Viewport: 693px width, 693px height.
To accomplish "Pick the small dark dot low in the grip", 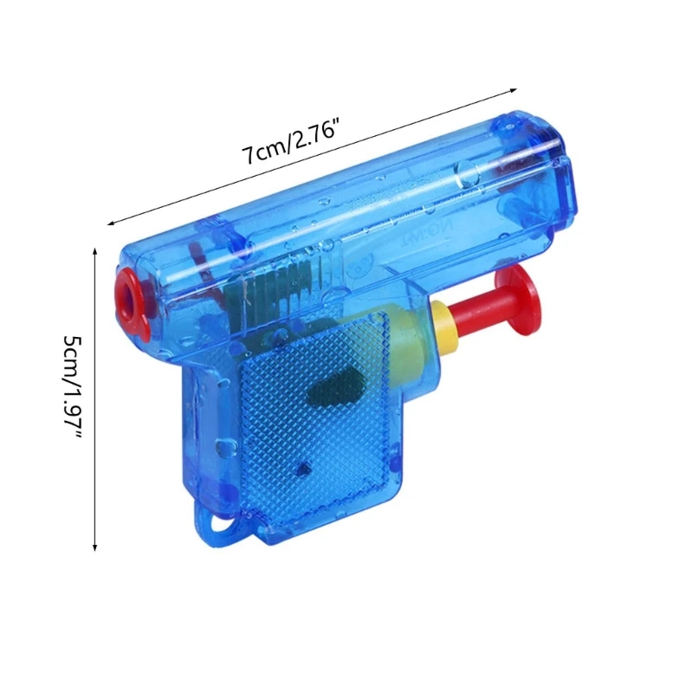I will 303,469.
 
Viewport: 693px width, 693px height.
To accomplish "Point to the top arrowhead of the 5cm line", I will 94,249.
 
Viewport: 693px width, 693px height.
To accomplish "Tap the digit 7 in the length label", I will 247,157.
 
